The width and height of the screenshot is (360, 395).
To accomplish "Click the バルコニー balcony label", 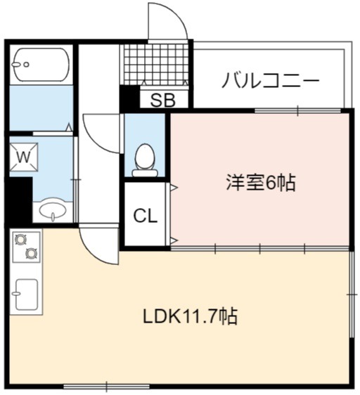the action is tap(271, 80).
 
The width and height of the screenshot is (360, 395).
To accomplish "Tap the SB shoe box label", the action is tap(163, 100).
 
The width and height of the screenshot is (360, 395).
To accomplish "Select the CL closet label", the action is tap(146, 216).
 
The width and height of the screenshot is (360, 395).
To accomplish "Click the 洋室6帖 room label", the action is tap(261, 183).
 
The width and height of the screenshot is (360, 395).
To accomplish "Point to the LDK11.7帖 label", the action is tap(190, 316).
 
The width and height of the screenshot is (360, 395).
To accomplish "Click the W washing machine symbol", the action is tap(24, 157).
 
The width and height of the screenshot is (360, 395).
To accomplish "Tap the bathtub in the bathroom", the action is tap(41, 65).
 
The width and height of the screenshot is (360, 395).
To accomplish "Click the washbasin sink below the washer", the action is tap(53, 209).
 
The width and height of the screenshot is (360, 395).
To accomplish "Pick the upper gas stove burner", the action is tap(21, 240).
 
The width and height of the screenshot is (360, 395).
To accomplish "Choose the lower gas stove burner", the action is tap(32, 253).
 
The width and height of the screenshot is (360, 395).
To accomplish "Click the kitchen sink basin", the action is tap(27, 294).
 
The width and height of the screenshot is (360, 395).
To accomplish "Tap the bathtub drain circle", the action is tap(26, 65).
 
